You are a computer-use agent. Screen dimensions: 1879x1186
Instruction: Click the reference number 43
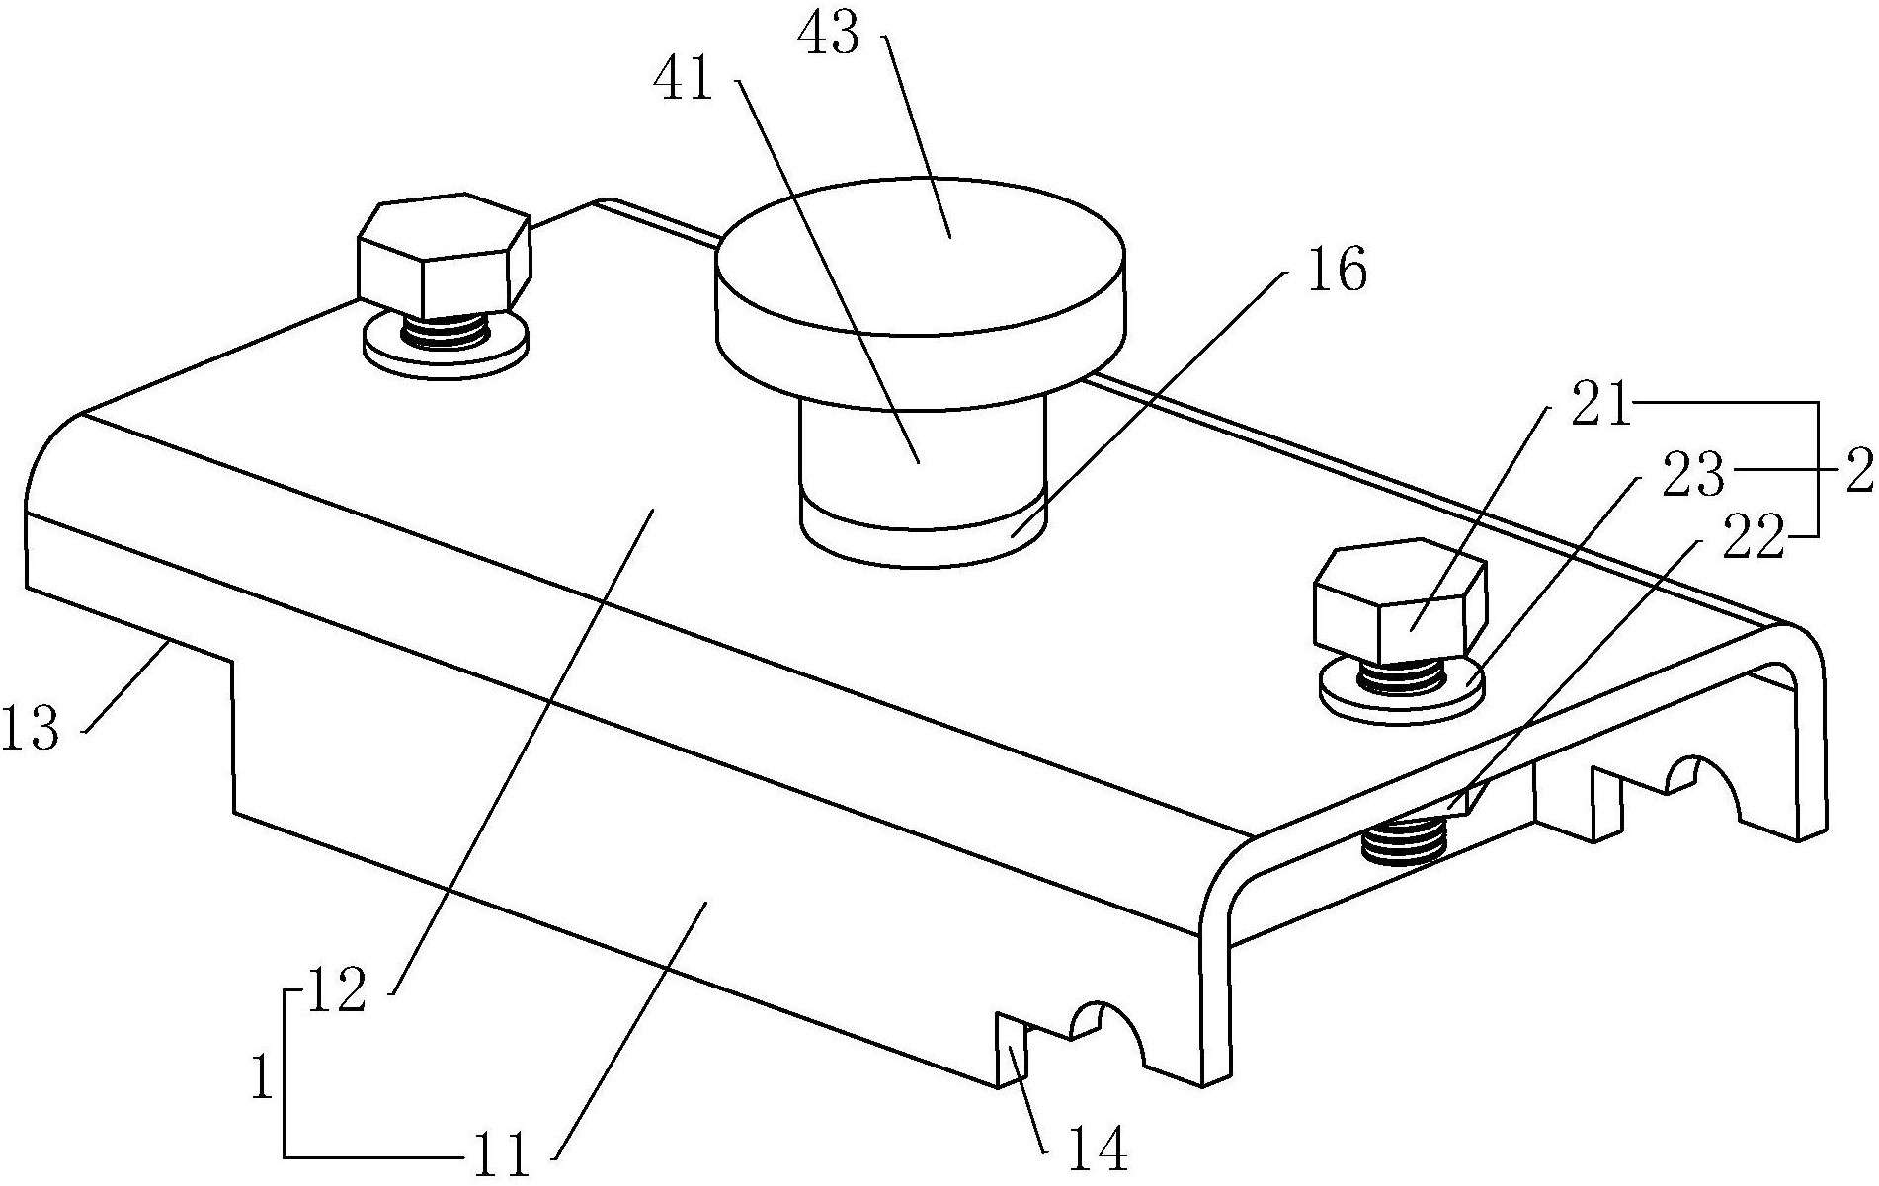click(828, 38)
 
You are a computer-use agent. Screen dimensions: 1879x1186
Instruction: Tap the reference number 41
click(683, 80)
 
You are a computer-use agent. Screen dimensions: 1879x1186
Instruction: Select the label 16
click(1338, 269)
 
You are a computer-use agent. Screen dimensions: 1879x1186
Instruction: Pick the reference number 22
click(1755, 538)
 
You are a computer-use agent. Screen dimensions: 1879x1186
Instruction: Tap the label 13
click(32, 731)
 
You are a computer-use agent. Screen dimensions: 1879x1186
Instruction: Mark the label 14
click(1098, 1148)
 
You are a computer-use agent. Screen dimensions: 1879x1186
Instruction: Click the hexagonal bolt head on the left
click(445, 255)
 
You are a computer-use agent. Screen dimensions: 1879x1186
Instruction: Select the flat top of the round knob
click(920, 254)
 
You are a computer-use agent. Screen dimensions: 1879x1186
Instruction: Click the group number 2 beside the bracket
click(1859, 475)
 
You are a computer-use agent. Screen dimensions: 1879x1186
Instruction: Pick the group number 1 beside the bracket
click(262, 1076)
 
